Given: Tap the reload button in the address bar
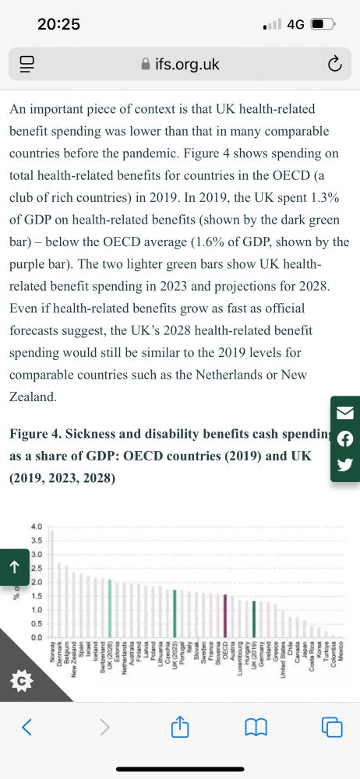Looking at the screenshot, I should tap(334, 65).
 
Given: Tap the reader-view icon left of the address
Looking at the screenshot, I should tap(26, 65).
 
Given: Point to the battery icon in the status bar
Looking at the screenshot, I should tap(322, 24).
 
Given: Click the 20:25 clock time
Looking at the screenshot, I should tap(59, 24).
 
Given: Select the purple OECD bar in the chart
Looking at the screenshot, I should tap(225, 616).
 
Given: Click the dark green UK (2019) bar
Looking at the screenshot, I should tap(254, 619).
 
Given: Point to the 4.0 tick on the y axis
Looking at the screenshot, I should tap(37, 527).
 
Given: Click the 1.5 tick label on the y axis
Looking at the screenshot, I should tap(37, 596).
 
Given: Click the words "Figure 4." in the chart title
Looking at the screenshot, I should tap(37, 432).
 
